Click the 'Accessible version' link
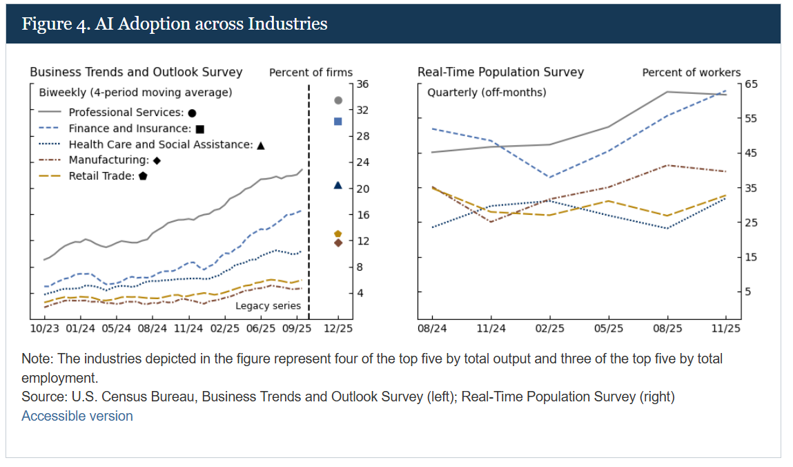[x=77, y=416]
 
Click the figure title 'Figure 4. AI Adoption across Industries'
[x=175, y=23]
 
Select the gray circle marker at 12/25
[x=338, y=100]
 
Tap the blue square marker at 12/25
[x=338, y=122]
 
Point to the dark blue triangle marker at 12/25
[x=338, y=185]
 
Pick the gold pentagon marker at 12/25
[x=338, y=234]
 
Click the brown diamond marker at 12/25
[x=338, y=242]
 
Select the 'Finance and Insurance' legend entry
[x=129, y=128]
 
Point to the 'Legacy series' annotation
[x=268, y=305]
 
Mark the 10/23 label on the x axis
[x=45, y=329]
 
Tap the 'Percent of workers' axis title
[x=691, y=73]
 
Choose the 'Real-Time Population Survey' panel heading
[x=500, y=72]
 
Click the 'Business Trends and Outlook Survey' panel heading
[x=136, y=72]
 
